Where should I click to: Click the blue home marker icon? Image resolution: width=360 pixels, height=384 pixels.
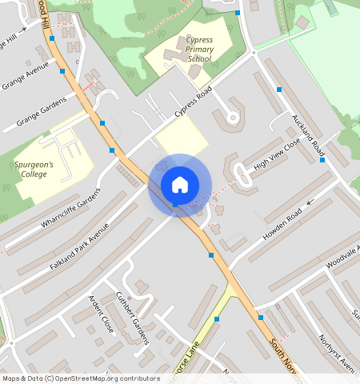coord(180,185)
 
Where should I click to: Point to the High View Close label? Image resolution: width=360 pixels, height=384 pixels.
coord(276,154)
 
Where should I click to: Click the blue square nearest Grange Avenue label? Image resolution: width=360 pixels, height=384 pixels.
coord(62,71)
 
